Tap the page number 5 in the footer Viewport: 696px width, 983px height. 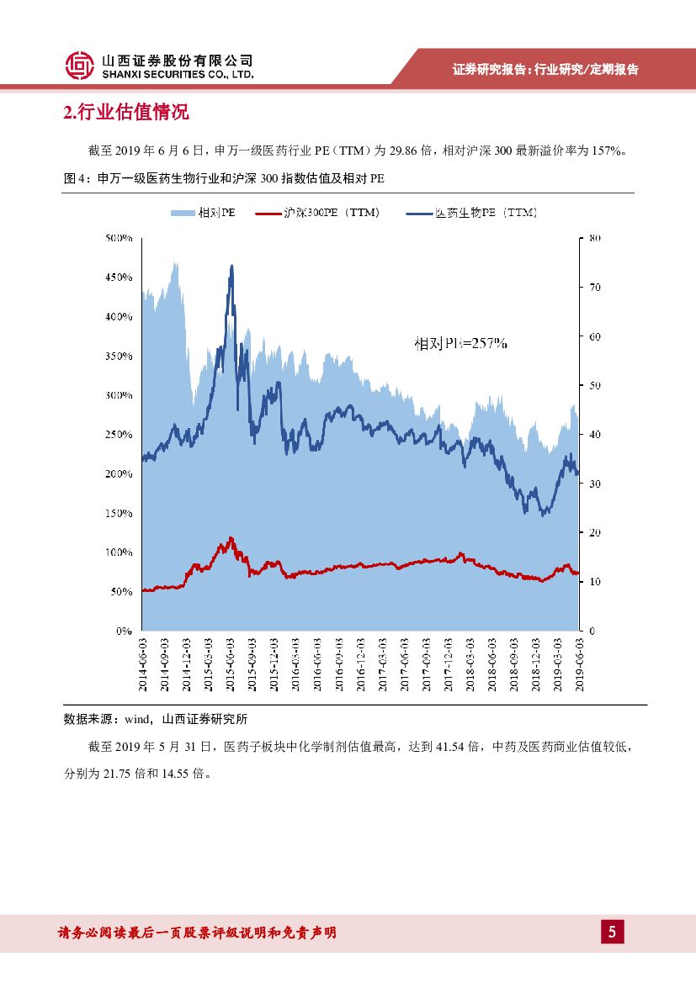(612, 932)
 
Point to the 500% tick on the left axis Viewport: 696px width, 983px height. (119, 238)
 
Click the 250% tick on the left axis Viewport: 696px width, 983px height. (119, 435)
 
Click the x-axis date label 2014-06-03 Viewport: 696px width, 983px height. (142, 664)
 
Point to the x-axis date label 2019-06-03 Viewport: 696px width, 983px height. (580, 664)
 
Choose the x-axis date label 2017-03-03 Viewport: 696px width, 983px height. (383, 664)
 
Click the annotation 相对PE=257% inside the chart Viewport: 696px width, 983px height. (460, 343)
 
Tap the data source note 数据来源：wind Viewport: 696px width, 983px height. (156, 720)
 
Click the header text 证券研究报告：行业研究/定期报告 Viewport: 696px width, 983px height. (545, 70)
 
